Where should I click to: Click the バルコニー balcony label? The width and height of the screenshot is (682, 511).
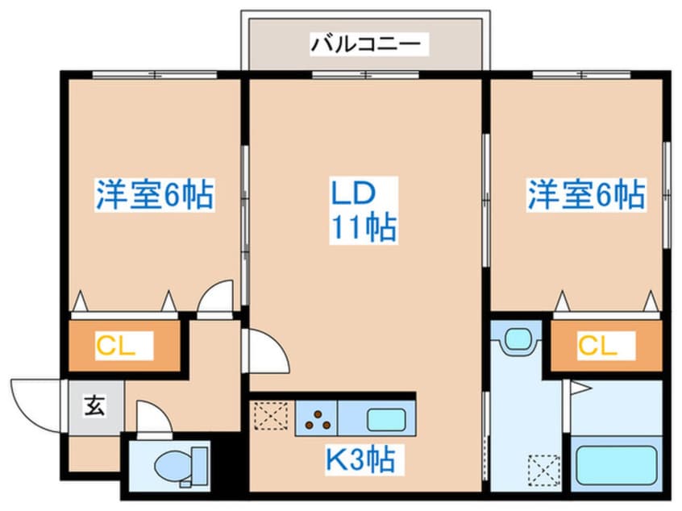tap(367, 43)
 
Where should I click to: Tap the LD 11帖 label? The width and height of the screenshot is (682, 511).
tap(362, 211)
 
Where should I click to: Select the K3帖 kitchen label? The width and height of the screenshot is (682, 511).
tap(360, 460)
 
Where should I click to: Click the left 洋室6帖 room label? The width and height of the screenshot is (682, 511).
tap(155, 194)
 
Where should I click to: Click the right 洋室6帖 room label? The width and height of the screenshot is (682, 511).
tap(586, 194)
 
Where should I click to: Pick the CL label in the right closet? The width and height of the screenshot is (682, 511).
tap(597, 347)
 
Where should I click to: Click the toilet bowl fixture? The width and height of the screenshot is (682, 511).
tap(175, 466)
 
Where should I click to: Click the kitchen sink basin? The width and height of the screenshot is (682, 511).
tap(385, 420)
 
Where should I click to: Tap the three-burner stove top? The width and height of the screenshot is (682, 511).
tap(316, 418)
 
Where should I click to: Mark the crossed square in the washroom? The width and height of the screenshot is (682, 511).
tap(542, 468)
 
